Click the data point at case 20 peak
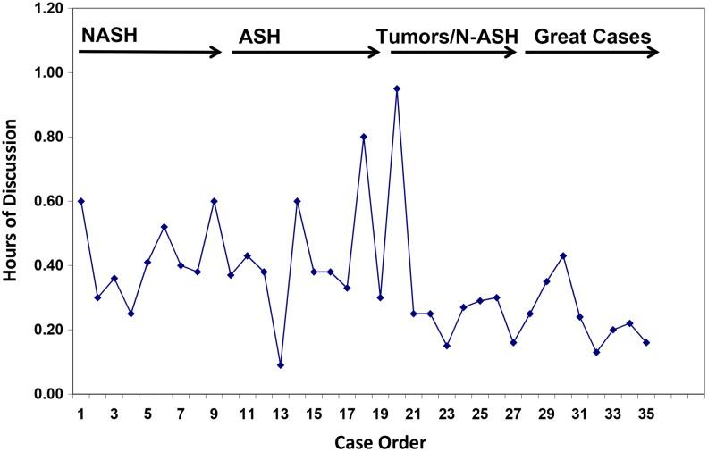(x=397, y=88)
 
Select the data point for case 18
(x=364, y=137)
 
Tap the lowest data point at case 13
(x=281, y=364)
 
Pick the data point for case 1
(x=81, y=201)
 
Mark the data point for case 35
(x=646, y=342)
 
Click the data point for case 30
(x=563, y=255)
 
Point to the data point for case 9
(x=214, y=201)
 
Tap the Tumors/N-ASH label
(x=442, y=38)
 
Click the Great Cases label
(x=592, y=38)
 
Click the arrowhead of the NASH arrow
(x=216, y=52)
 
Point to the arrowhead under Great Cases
(x=653, y=52)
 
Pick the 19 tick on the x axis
(x=380, y=414)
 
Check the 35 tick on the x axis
(x=645, y=414)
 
